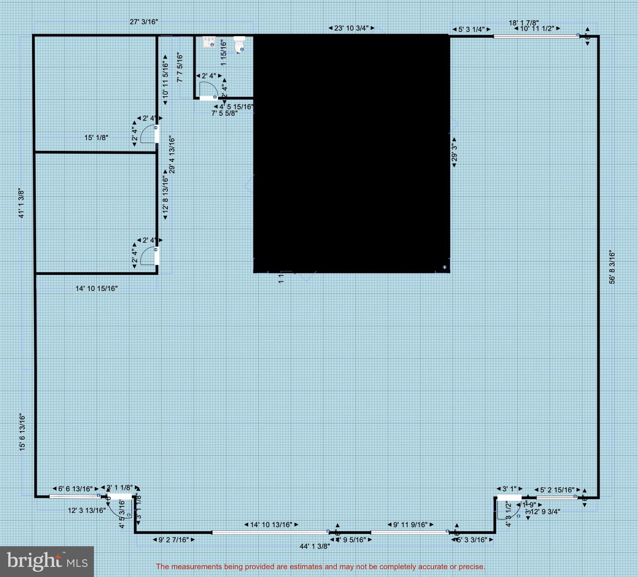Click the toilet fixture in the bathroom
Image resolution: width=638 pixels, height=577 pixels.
239,44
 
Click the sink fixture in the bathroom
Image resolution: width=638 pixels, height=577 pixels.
209,42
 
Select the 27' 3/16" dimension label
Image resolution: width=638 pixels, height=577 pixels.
143,22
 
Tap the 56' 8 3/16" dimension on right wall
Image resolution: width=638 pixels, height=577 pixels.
612,267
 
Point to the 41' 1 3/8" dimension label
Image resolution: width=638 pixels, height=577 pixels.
22,204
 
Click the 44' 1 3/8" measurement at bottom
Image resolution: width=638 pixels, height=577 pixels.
315,546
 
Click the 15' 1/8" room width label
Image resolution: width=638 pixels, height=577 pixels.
96,138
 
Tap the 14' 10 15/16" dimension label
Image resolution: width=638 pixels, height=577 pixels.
97,288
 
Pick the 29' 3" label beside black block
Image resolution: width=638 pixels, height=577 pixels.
454,152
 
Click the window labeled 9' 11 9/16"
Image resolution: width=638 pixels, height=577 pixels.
409,532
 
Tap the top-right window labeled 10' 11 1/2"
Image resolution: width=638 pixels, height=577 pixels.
536,36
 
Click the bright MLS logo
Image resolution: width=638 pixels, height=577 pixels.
47,561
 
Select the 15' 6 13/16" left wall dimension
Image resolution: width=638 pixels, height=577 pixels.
23,432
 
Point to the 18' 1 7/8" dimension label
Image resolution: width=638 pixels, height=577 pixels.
523,23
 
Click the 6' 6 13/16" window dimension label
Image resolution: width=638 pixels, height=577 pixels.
75,489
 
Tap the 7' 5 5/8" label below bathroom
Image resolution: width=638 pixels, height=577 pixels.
224,113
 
